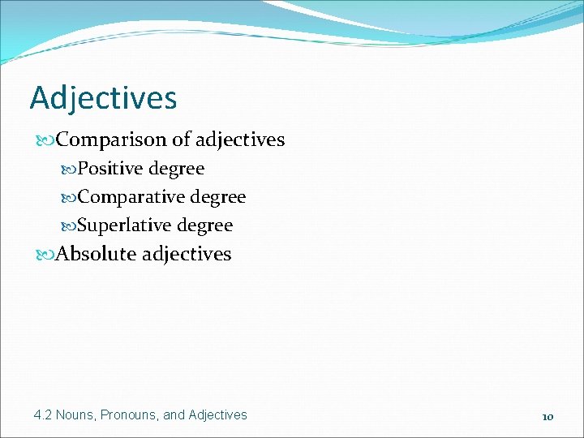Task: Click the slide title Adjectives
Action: coord(103,98)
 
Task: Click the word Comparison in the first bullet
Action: coord(112,140)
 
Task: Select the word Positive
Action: coord(111,169)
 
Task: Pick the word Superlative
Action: coord(126,225)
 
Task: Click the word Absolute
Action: coord(97,254)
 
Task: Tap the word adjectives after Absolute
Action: coord(187,254)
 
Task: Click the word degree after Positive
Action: coord(177,170)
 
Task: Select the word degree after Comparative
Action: coord(218,198)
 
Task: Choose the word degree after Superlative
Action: coord(205,226)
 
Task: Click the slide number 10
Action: coord(547,416)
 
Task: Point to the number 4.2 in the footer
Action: coord(43,414)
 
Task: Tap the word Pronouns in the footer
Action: coord(131,414)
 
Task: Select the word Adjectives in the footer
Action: coord(217,414)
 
